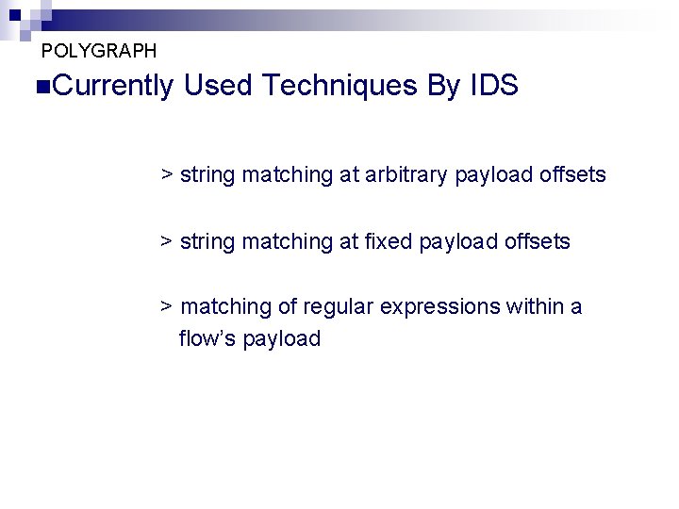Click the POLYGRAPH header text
pyautogui.click(x=99, y=51)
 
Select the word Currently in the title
pyautogui.click(x=110, y=87)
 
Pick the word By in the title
pyautogui.click(x=443, y=87)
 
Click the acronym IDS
pyautogui.click(x=493, y=87)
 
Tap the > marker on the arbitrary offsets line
pyautogui.click(x=166, y=174)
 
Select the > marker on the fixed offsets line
pyautogui.click(x=166, y=241)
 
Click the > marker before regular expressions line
pyautogui.click(x=166, y=306)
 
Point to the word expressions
pyautogui.click(x=439, y=307)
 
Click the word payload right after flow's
pyautogui.click(x=282, y=339)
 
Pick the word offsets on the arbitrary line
pyautogui.click(x=573, y=174)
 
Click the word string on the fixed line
pyautogui.click(x=207, y=242)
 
